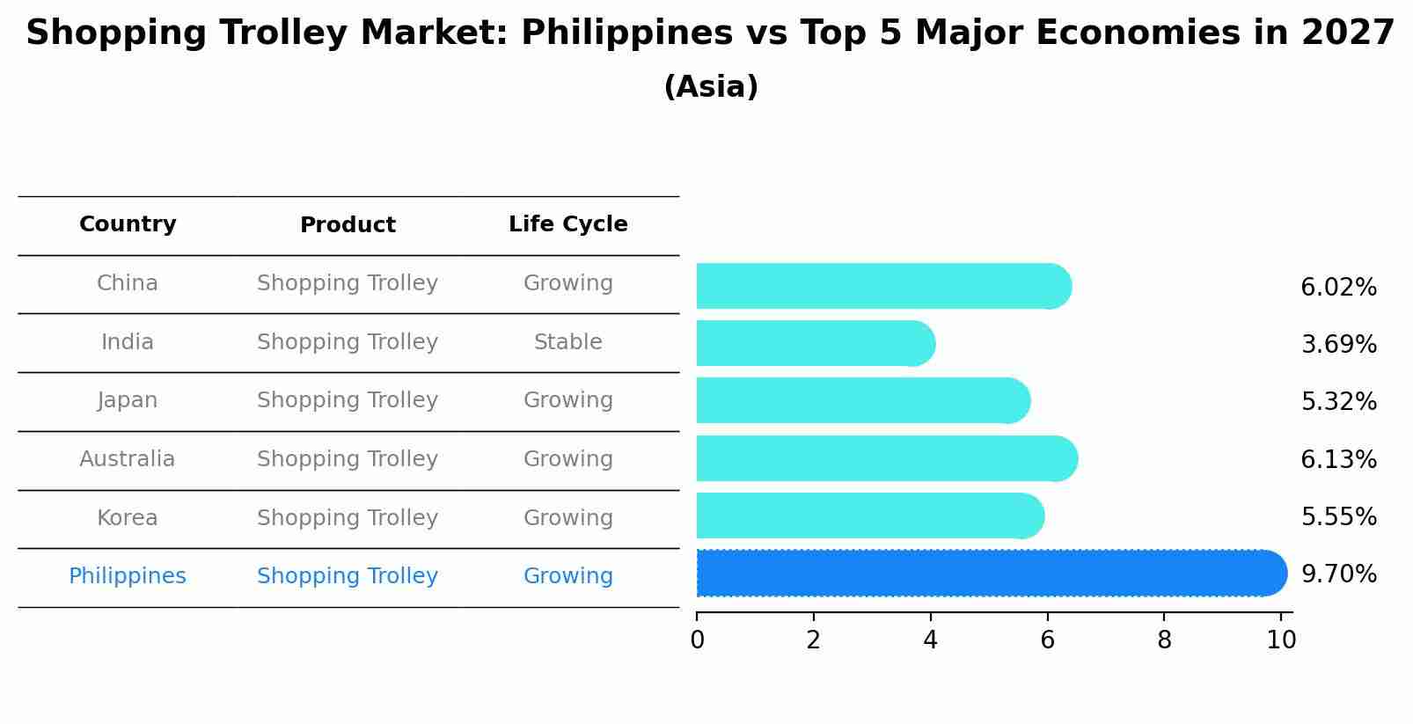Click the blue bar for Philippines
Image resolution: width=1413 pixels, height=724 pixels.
click(x=991, y=574)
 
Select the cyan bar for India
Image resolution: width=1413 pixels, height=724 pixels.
click(x=815, y=343)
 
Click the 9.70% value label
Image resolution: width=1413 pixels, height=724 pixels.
click(x=1338, y=574)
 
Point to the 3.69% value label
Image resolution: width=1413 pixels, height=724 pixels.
click(x=1338, y=345)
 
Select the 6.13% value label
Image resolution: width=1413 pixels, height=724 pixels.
click(x=1338, y=460)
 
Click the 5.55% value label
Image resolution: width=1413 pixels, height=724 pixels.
click(x=1338, y=517)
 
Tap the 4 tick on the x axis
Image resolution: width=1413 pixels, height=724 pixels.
click(x=930, y=640)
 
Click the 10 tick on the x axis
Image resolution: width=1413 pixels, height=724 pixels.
click(x=1281, y=640)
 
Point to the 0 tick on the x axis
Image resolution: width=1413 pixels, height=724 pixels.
click(x=697, y=640)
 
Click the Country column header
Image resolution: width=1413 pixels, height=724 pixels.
click(x=128, y=224)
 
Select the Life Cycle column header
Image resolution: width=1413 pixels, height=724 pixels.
click(x=567, y=224)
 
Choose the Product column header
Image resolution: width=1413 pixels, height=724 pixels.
click(x=348, y=225)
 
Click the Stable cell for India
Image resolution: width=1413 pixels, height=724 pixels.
click(x=567, y=342)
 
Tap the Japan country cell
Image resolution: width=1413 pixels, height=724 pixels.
click(x=128, y=400)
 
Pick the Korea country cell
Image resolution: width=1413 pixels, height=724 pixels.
click(x=128, y=518)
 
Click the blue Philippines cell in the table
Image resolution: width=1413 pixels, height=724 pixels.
click(x=128, y=576)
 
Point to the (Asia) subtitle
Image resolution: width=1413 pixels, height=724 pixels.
click(x=711, y=87)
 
